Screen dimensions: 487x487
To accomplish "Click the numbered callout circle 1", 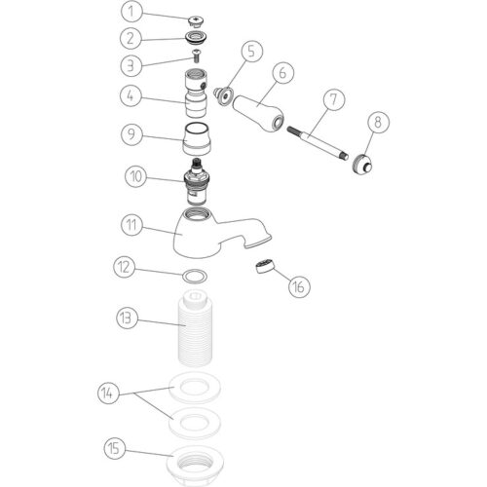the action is point(131,12).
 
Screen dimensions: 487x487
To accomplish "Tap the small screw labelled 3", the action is point(196,56).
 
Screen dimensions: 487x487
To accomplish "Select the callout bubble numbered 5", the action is point(251,51).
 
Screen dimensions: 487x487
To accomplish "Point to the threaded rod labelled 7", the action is point(318,143).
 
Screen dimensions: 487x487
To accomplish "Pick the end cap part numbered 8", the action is point(362,164).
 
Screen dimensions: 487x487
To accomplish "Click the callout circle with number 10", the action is point(135,176).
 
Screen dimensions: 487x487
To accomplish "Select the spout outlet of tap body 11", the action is point(258,241).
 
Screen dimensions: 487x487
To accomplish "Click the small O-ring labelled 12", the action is point(195,277).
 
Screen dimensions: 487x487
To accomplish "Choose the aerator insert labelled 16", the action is point(265,266).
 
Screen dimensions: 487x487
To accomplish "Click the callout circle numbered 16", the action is point(299,286).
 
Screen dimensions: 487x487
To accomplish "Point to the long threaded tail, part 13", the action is point(195,328).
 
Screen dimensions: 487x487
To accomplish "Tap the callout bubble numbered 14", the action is point(108,393).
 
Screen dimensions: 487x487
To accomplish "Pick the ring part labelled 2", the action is point(196,38).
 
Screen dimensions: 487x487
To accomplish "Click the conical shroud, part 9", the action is point(197,139).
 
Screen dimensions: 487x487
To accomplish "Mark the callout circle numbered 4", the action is point(131,95).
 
